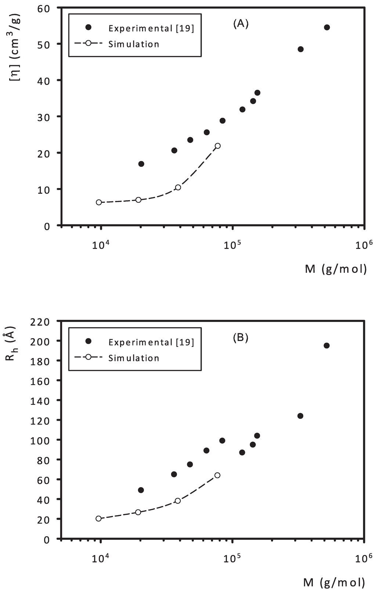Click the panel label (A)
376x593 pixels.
[241, 24]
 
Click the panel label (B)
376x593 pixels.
[241, 338]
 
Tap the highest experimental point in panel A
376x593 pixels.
[327, 28]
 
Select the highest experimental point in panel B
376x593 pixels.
[326, 345]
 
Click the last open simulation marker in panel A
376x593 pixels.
[218, 146]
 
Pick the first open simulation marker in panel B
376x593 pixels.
[98, 519]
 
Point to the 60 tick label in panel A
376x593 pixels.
[44, 8]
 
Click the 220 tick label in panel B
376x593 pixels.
[41, 322]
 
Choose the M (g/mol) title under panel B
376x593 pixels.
[335, 582]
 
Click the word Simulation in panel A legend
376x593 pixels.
[134, 44]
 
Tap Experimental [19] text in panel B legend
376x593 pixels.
[151, 342]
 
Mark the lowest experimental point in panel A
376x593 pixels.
[141, 164]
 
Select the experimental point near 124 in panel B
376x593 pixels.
[300, 416]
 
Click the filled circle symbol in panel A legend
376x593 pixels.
[88, 28]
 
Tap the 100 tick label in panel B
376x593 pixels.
[41, 440]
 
